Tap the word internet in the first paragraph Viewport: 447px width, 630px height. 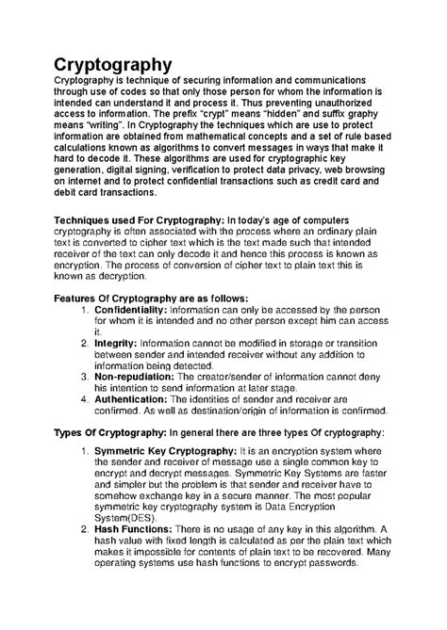[82, 205]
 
